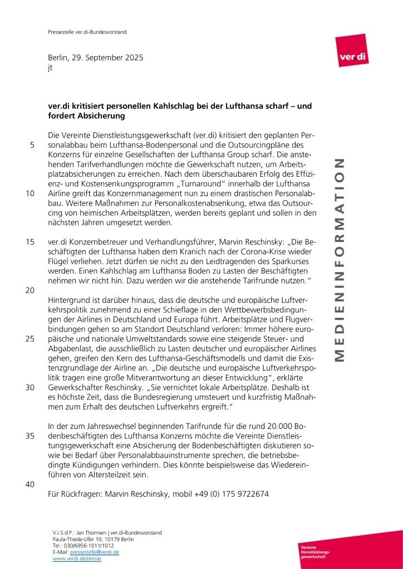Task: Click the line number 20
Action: coord(31,290)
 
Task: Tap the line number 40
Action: coord(31,484)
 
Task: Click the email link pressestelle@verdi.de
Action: coord(95,552)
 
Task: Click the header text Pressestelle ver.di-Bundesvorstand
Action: coord(86,32)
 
